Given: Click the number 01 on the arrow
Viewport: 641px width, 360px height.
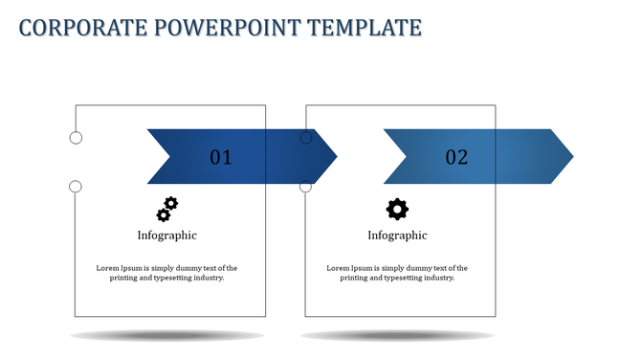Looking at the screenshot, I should click(221, 157).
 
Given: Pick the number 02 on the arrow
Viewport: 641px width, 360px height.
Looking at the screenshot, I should click(456, 157).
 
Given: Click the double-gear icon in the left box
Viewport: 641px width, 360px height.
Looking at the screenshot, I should click(167, 209).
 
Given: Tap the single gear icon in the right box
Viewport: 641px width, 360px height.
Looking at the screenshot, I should click(397, 209).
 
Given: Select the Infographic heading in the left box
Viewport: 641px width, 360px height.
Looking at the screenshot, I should click(167, 235).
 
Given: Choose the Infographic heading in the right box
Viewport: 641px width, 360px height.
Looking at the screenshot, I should click(397, 235).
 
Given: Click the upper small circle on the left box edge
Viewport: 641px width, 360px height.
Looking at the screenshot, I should click(76, 138).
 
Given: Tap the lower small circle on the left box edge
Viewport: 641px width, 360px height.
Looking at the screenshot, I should click(76, 186).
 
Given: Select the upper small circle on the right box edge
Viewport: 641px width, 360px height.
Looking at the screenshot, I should click(306, 138).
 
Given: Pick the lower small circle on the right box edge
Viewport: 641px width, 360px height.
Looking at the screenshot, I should click(306, 186).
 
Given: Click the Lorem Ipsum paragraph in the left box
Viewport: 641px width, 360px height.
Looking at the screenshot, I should click(167, 273).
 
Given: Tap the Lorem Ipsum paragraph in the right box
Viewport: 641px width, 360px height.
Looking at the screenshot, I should click(397, 273).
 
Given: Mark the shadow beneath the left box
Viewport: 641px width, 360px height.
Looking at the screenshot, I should click(167, 335).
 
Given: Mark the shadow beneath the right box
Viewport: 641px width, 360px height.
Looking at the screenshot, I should click(397, 335).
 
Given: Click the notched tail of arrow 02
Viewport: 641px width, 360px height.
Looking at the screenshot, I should click(394, 156).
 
